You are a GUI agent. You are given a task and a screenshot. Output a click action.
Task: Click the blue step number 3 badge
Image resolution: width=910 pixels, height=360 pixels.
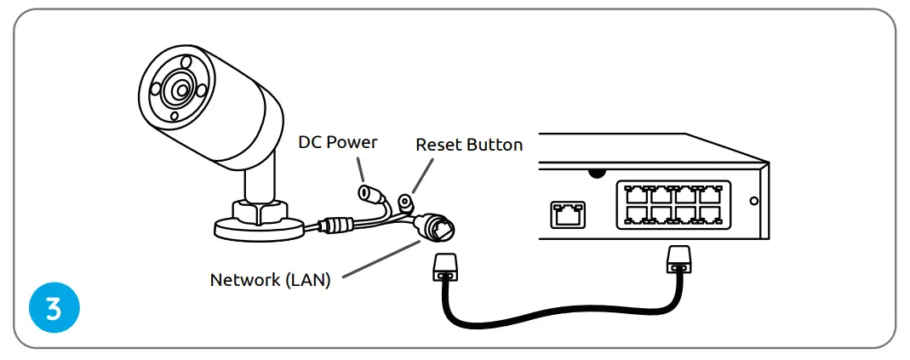pos(54,307)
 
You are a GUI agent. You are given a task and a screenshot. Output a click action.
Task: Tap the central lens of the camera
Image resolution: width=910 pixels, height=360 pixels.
pos(180,89)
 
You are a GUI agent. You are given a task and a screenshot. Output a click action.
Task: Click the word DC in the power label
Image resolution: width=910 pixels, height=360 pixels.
pos(310,141)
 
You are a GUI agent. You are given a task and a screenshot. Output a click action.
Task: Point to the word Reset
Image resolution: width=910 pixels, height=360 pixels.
pos(437,145)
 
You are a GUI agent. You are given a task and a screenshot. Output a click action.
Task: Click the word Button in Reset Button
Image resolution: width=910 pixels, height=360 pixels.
pos(494,145)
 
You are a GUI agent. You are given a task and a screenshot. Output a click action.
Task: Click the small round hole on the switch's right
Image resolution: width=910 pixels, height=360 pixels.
pos(753,203)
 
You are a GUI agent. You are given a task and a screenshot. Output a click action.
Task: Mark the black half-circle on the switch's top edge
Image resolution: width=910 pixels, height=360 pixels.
pos(597,172)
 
